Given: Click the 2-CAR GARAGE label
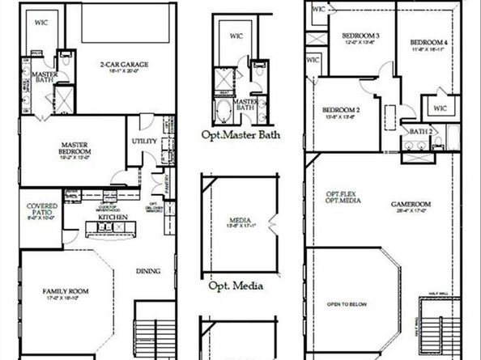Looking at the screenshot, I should [x=121, y=65].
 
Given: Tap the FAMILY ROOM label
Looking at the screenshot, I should [x=66, y=291].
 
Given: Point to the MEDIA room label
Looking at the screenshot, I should [x=239, y=220].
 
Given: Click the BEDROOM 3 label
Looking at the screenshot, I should [x=361, y=36].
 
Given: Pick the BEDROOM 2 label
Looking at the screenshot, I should [x=341, y=110].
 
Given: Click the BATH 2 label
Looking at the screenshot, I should [x=419, y=131].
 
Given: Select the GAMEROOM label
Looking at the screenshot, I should [x=414, y=205].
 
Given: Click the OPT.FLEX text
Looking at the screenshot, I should [x=338, y=193].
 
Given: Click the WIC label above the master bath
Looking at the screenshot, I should [x=40, y=23].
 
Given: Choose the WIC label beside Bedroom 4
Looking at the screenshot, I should [x=440, y=108].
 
